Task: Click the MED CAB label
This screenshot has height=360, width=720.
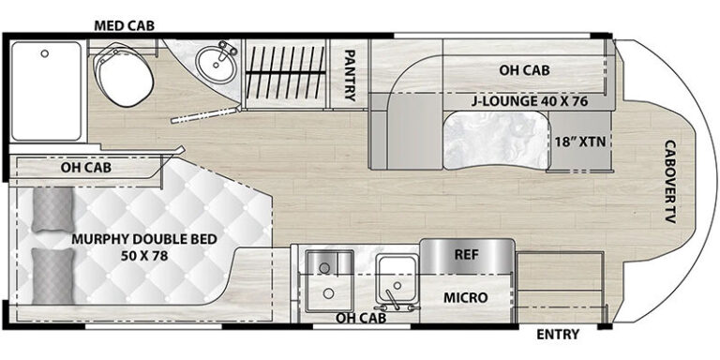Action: [x=124, y=25]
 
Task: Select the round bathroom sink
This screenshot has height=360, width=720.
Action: [x=216, y=67]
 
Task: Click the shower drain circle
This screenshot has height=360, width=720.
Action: [x=45, y=53]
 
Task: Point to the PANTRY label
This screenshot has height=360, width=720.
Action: [x=350, y=75]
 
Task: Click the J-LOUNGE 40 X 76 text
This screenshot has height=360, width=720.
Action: [x=529, y=101]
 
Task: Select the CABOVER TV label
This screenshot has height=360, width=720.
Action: [x=670, y=182]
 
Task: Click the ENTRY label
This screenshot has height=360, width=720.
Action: [x=558, y=335]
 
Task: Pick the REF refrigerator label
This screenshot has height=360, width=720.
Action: [x=467, y=255]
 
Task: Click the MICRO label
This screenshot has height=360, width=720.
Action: [x=465, y=297]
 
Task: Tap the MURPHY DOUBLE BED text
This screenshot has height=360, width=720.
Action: [x=143, y=240]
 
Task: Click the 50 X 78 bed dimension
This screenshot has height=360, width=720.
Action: [x=144, y=256]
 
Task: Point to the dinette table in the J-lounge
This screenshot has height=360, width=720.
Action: [x=497, y=140]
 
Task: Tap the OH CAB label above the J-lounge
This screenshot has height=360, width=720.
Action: [x=524, y=70]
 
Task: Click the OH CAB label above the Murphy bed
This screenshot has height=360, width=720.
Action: [x=86, y=168]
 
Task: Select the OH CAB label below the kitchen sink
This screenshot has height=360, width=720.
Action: [x=360, y=317]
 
